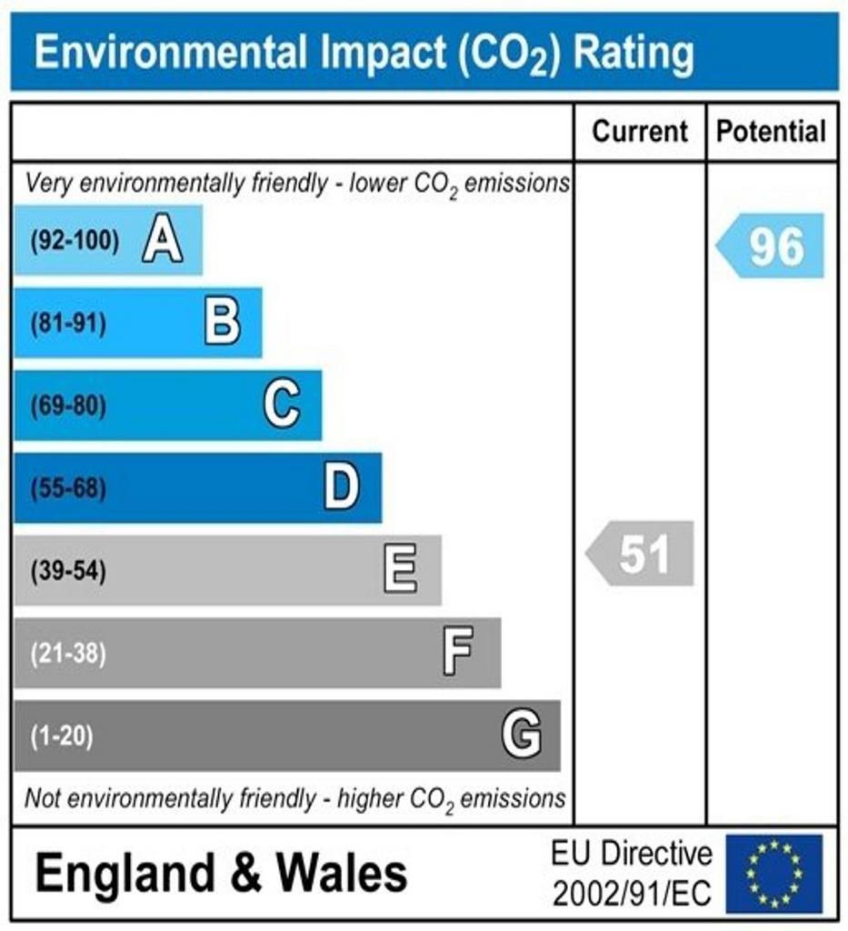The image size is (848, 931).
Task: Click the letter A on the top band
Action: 163,241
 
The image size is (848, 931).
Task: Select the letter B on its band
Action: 223,323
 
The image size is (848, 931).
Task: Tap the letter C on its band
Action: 282,405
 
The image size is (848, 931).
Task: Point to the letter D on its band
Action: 342,488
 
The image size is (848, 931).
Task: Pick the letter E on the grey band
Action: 401,571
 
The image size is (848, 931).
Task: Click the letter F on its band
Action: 458,653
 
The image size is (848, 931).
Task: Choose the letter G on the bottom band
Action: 522,735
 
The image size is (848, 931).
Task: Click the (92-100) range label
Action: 75,241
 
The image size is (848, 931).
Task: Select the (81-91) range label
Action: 68,324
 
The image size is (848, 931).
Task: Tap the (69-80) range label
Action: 68,405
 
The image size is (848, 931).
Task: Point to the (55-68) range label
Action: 68,489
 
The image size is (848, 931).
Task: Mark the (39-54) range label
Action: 68,572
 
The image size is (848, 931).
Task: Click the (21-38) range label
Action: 68,654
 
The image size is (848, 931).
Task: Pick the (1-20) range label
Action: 62,736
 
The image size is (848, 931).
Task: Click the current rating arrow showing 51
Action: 641,554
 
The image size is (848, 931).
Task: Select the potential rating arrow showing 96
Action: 772,245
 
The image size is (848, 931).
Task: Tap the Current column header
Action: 640,132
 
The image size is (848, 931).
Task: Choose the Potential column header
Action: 772,132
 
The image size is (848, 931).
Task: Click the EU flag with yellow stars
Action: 773,874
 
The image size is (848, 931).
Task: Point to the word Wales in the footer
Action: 342,875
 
